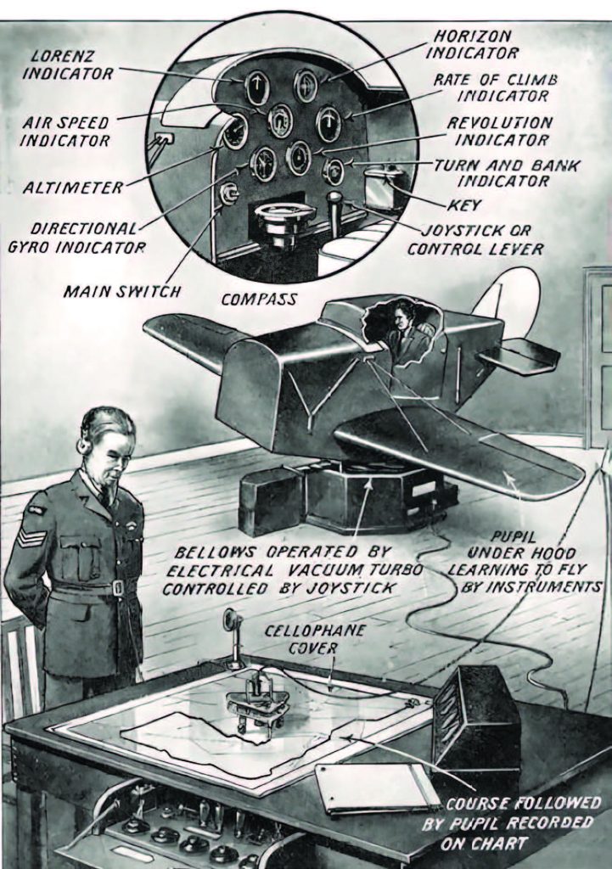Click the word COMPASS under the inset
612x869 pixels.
tap(259, 299)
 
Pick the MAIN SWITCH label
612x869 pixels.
tap(122, 292)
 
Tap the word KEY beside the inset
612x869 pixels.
tap(464, 205)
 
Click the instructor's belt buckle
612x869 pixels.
tap(118, 587)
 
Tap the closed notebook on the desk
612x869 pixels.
tap(376, 787)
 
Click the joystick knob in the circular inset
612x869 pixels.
tap(334, 201)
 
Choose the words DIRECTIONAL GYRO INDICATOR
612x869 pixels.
tap(88, 238)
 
